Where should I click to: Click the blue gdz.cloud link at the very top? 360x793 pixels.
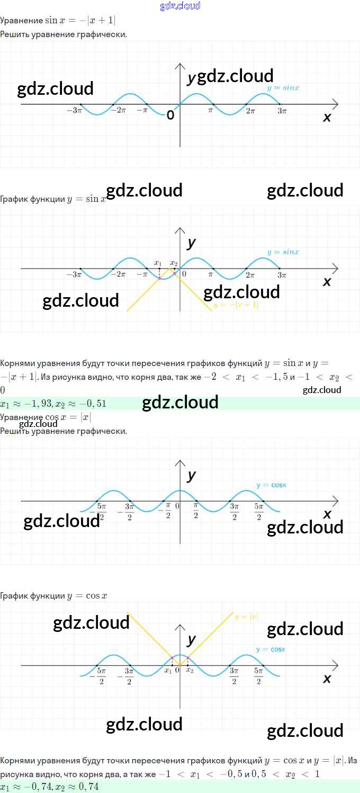click(x=180, y=6)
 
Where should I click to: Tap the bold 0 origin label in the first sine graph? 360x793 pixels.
click(x=170, y=115)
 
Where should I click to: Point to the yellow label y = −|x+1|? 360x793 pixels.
click(x=236, y=306)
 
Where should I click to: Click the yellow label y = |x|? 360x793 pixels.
click(x=246, y=617)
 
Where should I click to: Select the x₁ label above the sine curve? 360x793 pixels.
click(x=158, y=263)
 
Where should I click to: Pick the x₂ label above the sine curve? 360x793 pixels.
click(x=174, y=263)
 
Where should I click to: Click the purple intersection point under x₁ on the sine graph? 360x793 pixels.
click(x=159, y=278)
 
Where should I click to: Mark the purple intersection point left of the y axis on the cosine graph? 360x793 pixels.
click(x=172, y=657)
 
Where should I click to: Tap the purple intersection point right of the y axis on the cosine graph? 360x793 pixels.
click(x=188, y=657)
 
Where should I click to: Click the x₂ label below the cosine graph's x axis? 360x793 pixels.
click(x=190, y=671)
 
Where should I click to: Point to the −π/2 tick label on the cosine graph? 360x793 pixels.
click(x=166, y=512)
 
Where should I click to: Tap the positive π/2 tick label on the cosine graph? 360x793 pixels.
click(x=196, y=512)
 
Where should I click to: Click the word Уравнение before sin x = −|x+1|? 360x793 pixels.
click(x=22, y=21)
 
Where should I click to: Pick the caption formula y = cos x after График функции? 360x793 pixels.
click(x=87, y=596)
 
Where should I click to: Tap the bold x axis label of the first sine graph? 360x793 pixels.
click(x=327, y=118)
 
